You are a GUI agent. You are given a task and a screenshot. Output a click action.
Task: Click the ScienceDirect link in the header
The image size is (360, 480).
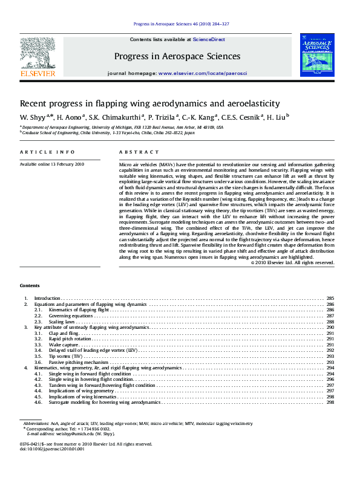pos(209,39)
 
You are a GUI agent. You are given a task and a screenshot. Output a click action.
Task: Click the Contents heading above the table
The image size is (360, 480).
pos(30,285)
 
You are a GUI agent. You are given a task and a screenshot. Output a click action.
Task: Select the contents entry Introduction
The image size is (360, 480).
pos(47,299)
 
